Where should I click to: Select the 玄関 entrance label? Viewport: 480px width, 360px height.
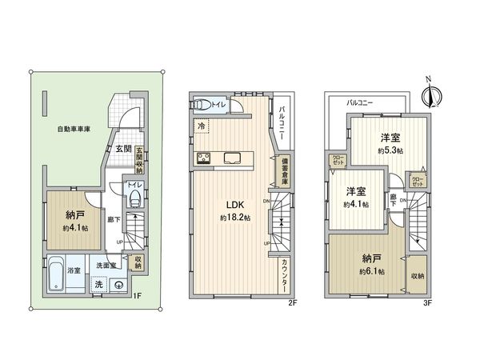click(122, 149)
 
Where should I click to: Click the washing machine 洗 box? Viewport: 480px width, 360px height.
click(98, 284)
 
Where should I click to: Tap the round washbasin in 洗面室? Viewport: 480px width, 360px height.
click(120, 283)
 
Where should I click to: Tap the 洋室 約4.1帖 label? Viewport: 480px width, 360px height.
click(356, 198)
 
